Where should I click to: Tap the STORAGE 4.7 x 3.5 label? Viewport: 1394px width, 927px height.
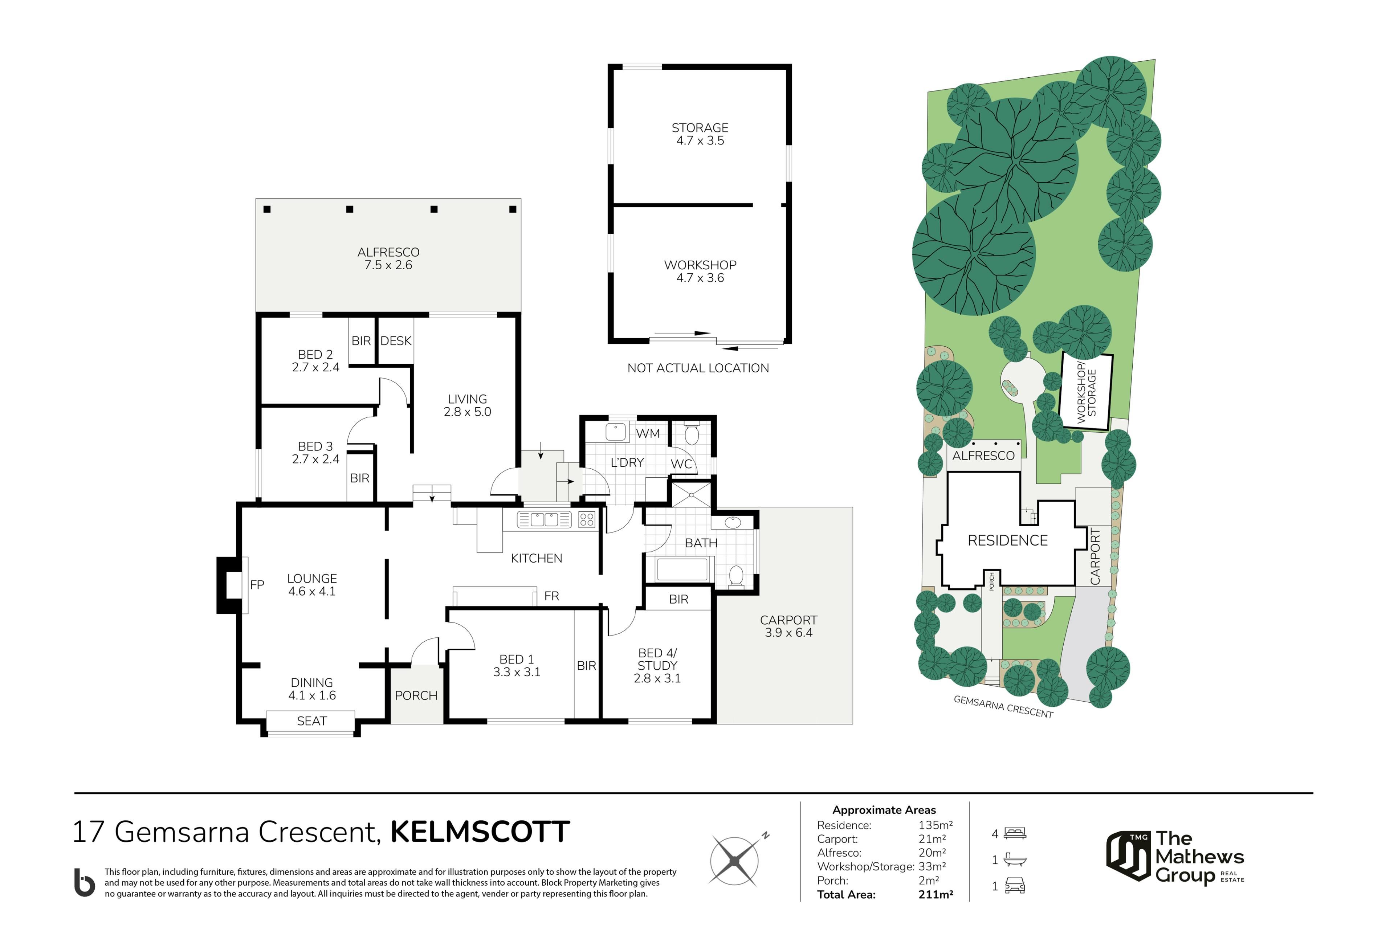click(700, 134)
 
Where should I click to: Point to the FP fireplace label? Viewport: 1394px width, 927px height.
click(257, 585)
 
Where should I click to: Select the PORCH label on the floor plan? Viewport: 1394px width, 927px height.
click(416, 695)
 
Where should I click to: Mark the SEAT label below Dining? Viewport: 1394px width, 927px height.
click(311, 721)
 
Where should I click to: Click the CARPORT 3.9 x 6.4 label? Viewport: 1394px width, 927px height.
click(788, 626)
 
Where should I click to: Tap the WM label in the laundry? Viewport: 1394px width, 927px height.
click(648, 433)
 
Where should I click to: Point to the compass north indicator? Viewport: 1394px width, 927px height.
click(765, 836)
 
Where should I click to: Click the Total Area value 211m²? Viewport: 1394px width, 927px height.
click(935, 894)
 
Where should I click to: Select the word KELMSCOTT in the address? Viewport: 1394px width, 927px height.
click(480, 832)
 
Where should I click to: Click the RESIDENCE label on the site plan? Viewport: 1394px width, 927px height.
click(1007, 540)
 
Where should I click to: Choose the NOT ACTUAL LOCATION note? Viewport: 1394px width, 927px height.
click(698, 368)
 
